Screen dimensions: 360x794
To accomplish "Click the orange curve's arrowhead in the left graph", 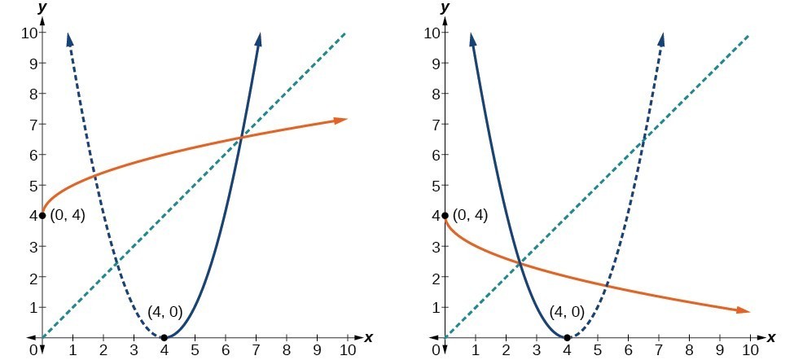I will pos(342,120).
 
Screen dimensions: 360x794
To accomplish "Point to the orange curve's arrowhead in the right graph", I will pos(744,310).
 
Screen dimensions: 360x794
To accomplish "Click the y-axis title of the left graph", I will pos(42,9).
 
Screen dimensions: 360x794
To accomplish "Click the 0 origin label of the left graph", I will pos(33,352).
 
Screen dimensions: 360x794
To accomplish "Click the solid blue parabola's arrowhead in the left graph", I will pos(258,39).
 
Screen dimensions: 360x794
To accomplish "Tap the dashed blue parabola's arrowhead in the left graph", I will pos(69,39).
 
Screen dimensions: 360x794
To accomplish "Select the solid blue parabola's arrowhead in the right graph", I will pos(472,39).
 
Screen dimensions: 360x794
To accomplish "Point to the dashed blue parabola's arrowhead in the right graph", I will pos(660,39).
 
